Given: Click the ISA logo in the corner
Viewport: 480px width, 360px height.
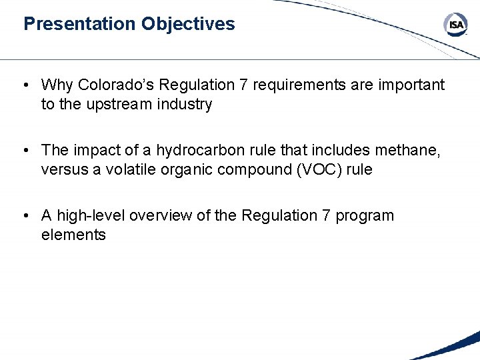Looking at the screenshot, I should (455, 25).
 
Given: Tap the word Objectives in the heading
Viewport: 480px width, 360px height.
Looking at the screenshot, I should (188, 24).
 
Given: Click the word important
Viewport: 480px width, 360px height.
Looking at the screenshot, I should (410, 85).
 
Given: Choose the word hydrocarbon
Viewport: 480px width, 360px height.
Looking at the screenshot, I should (198, 151).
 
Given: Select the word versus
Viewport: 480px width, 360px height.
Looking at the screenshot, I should (62, 170).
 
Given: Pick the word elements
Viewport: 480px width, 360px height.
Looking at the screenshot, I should (73, 235).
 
